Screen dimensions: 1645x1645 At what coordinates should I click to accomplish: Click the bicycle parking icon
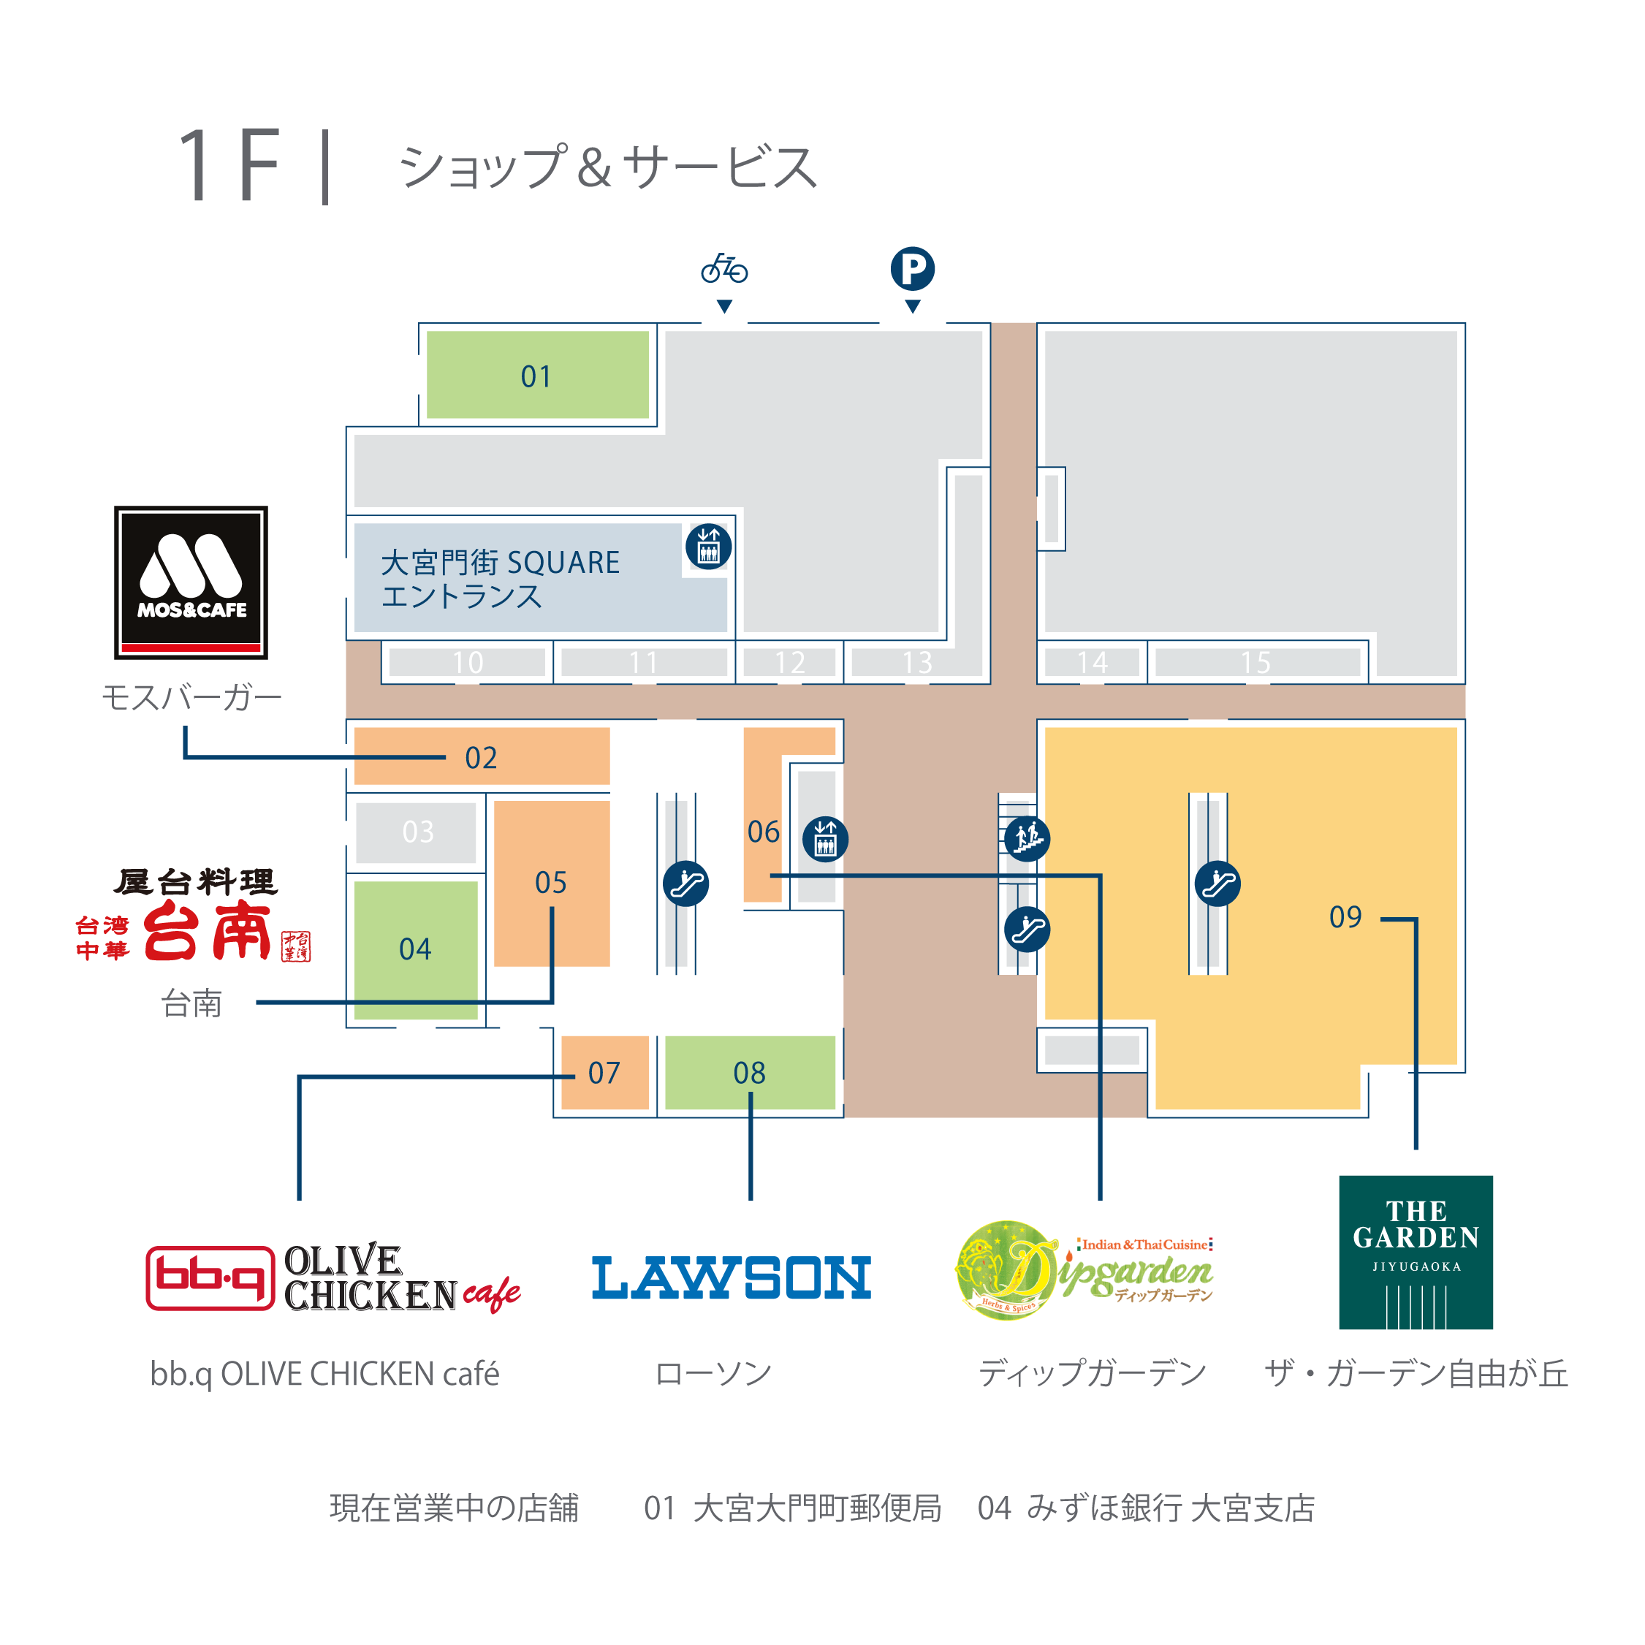click(723, 269)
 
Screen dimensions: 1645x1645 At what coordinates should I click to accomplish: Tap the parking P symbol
click(912, 269)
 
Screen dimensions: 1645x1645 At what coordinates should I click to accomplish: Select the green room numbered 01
click(536, 376)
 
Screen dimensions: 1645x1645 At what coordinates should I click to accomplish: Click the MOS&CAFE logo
click(191, 582)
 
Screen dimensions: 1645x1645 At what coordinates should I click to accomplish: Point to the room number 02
click(481, 757)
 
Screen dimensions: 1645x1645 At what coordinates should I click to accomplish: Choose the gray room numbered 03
click(417, 832)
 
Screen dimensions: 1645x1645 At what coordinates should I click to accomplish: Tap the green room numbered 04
click(416, 949)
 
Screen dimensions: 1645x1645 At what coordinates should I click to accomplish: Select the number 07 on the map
click(604, 1073)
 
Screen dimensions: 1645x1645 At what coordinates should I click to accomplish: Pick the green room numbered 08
click(749, 1073)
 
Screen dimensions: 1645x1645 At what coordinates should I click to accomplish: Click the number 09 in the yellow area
click(1345, 917)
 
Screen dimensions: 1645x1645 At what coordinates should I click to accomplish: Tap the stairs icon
click(1027, 839)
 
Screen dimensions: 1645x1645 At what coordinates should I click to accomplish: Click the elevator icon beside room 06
click(825, 839)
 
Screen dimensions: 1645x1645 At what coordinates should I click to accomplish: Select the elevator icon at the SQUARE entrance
click(708, 547)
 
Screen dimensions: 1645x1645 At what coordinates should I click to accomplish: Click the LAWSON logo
click(732, 1277)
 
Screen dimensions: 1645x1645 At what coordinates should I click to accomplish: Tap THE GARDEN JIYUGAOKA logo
click(1415, 1252)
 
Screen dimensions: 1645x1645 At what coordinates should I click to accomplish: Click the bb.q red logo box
click(210, 1277)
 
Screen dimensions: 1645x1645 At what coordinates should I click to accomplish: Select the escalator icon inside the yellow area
click(1217, 883)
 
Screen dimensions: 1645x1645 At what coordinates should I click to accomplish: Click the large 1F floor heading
click(230, 166)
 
